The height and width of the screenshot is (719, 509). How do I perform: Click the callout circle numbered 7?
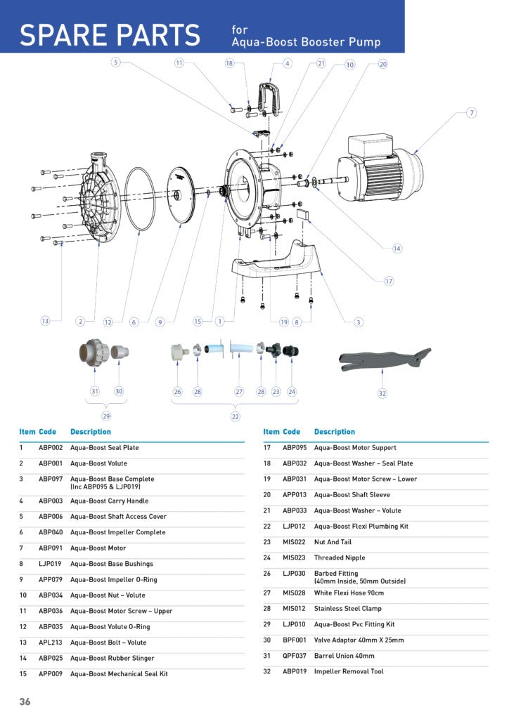(x=472, y=113)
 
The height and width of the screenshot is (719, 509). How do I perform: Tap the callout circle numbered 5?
(x=116, y=63)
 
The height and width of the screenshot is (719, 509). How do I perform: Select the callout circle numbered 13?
(x=45, y=321)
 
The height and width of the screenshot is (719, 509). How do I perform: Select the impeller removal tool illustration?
(x=383, y=358)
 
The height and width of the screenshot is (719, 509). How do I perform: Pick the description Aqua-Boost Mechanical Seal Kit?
(x=119, y=673)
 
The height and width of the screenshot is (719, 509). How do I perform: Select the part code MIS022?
(x=294, y=542)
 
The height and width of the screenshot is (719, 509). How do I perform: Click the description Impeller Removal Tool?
(x=349, y=671)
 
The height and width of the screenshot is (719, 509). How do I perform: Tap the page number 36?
(x=25, y=701)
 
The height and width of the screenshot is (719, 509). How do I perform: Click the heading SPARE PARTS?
(x=110, y=35)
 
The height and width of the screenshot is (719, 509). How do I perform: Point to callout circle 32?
(x=382, y=393)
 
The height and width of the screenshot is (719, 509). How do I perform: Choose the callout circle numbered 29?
(x=106, y=416)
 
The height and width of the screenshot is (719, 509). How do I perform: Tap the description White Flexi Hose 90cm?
(x=349, y=593)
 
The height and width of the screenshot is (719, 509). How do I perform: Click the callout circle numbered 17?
(x=389, y=281)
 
